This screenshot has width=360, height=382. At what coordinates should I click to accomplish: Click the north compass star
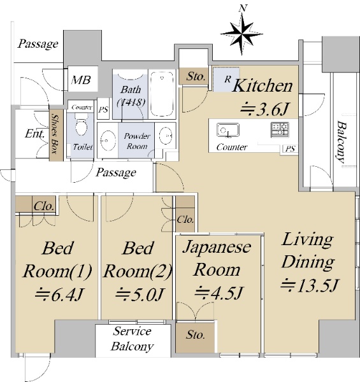[241, 34]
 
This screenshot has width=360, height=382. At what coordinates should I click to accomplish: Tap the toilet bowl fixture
[81, 125]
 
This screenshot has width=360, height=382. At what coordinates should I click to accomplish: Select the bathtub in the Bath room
[162, 94]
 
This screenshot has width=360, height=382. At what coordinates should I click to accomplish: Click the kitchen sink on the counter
[228, 131]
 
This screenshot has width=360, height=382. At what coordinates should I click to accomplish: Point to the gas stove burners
[280, 129]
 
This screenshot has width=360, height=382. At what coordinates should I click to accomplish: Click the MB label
[81, 80]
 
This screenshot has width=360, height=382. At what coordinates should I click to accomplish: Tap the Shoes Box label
[56, 134]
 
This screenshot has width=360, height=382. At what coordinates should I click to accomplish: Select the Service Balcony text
[133, 339]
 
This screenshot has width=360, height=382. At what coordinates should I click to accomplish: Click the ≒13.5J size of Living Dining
[309, 285]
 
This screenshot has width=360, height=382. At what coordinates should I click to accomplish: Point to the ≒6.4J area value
[59, 294]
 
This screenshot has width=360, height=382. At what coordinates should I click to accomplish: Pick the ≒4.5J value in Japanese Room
[219, 292]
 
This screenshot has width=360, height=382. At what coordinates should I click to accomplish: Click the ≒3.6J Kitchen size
[264, 110]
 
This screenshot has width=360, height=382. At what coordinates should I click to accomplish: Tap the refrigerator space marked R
[226, 80]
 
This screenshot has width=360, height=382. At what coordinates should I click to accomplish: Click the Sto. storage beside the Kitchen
[194, 76]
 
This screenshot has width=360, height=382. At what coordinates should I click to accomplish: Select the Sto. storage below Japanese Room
[195, 337]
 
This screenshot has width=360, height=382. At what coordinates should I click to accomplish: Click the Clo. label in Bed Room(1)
[44, 206]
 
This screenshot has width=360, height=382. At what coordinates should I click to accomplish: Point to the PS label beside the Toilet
[103, 110]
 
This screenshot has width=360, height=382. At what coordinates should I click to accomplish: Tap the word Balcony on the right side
[342, 142]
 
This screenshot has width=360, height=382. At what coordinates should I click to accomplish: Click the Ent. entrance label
[35, 134]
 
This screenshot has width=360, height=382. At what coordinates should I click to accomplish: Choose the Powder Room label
[137, 141]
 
